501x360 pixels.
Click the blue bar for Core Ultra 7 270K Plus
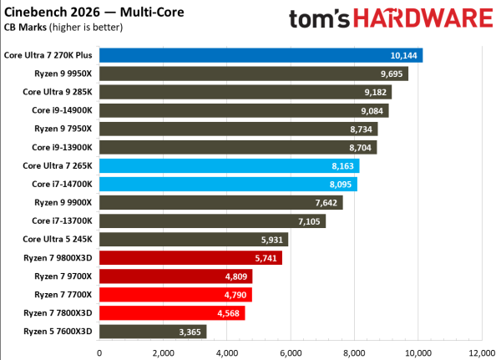coord(261,55)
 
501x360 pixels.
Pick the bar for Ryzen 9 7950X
coord(238,129)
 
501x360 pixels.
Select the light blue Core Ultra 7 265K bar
coord(229,165)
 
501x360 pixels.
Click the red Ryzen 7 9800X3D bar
coord(190,257)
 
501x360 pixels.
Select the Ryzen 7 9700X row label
coord(64,276)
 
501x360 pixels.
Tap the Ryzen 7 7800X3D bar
coord(172,312)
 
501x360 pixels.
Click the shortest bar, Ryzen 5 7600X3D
coord(153,331)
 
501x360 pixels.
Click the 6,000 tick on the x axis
coord(291,352)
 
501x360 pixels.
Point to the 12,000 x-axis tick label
coord(482,352)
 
